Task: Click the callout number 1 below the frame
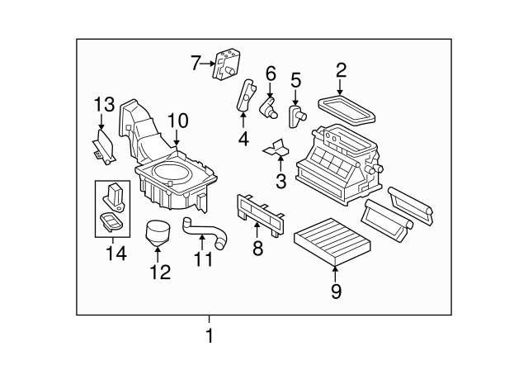coord(209,337)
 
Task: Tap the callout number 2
coord(341,71)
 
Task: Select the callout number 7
coord(196,62)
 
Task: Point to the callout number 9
coord(335,290)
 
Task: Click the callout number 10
coord(178,121)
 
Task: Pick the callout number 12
coord(159,272)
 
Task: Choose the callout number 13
coord(103,105)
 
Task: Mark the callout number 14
coord(115,254)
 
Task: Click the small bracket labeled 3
coord(276,148)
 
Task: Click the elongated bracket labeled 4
coord(244,97)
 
